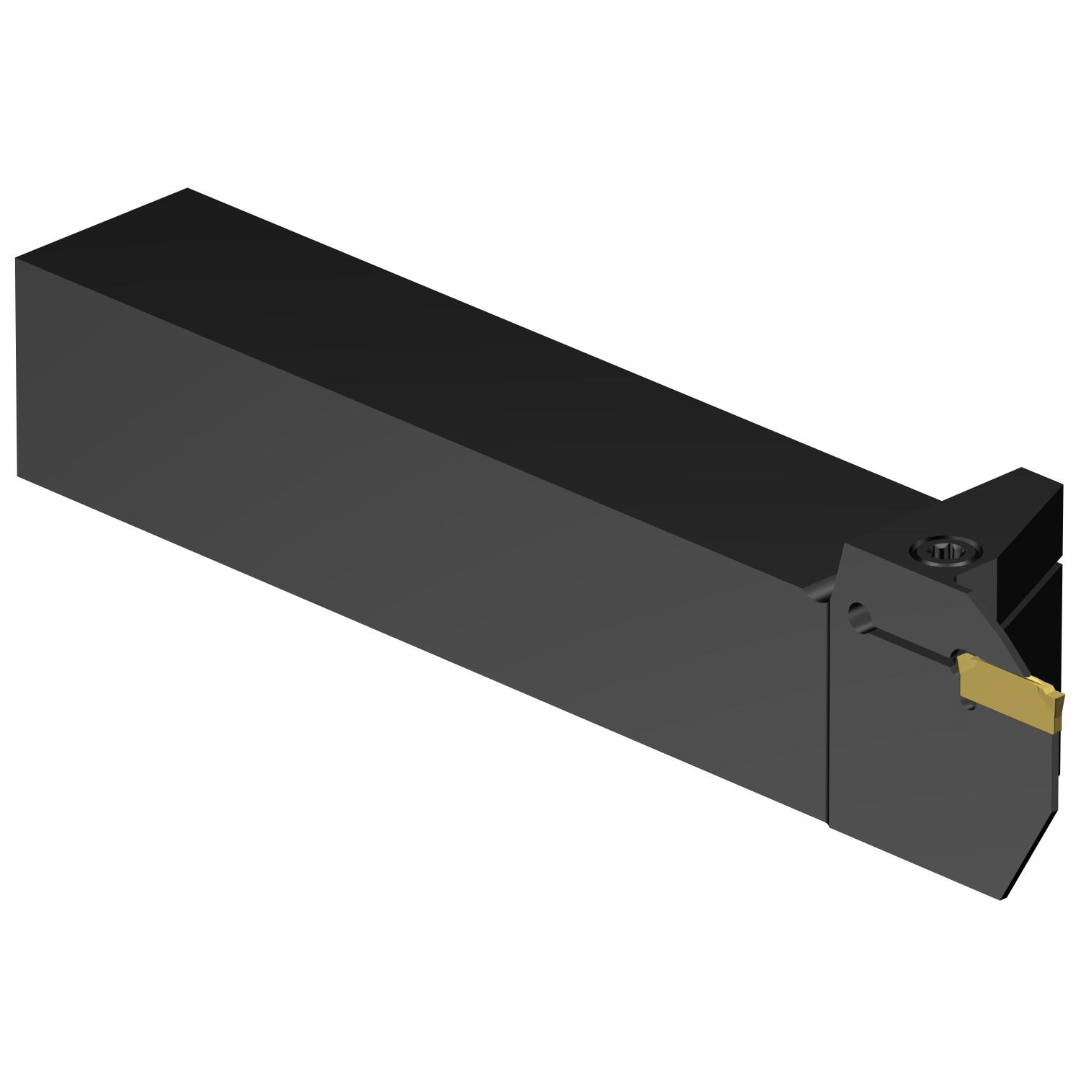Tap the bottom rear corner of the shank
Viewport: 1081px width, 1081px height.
tap(18, 476)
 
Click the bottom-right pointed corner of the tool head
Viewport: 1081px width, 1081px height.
tap(1002, 901)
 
